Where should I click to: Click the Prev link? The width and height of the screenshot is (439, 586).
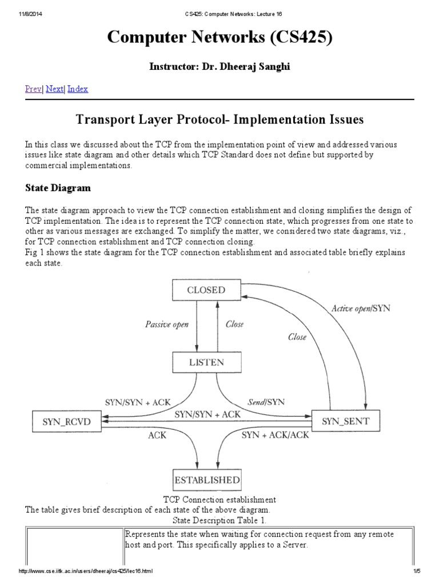pos(33,89)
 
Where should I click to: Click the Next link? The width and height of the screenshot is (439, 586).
pos(54,89)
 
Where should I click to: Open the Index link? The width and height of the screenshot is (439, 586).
pos(78,89)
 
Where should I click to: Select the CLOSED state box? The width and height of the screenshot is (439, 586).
pos(206,290)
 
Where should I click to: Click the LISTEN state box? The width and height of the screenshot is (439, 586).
pos(206,362)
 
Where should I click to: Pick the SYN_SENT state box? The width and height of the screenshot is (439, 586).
pos(345,421)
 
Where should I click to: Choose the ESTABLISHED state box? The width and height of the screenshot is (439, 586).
pos(206,480)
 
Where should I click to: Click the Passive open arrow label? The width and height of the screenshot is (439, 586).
pos(166,324)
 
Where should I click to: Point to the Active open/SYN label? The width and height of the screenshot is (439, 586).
pos(361,308)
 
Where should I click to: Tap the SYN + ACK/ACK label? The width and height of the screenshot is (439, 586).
pos(275,435)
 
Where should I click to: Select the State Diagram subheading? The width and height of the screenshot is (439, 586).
pos(58,188)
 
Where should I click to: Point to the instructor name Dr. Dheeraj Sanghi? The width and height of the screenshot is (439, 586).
pos(219,67)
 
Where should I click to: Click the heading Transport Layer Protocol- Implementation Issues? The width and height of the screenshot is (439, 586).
pos(219,120)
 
